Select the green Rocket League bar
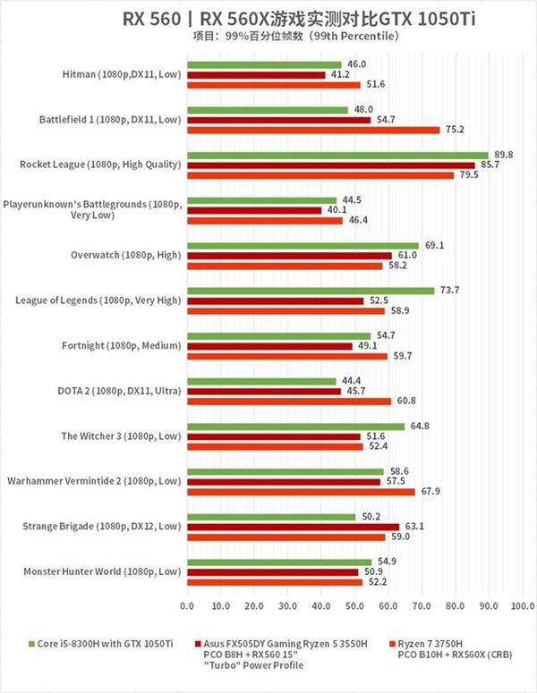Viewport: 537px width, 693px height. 337,155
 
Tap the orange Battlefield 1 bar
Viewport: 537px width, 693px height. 312,130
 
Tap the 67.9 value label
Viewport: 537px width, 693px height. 430,491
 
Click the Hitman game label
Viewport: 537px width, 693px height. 123,74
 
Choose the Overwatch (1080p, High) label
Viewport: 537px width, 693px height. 126,255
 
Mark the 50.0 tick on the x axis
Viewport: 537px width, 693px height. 354,606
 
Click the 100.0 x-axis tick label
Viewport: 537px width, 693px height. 523,606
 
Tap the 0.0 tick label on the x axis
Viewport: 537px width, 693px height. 186,606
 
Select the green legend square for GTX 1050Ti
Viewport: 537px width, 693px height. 33,642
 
